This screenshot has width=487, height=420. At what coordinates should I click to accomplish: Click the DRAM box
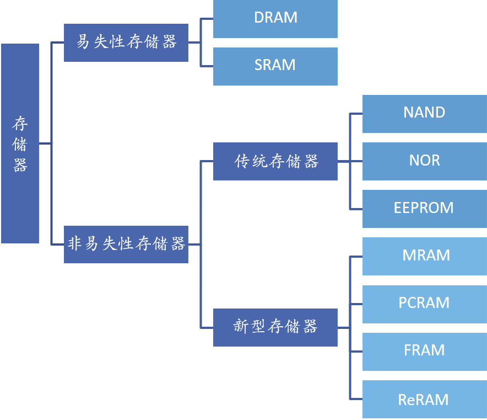click(x=275, y=18)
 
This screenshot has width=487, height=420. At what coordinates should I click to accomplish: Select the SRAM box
click(x=275, y=66)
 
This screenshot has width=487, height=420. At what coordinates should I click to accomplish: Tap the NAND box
click(x=424, y=113)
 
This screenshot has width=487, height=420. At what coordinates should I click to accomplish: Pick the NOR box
click(x=424, y=161)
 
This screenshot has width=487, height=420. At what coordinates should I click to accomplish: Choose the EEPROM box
click(x=424, y=208)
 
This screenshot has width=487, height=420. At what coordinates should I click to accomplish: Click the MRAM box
click(x=424, y=256)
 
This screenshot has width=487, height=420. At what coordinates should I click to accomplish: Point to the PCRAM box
click(x=424, y=303)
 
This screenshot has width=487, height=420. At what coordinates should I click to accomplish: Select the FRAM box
click(x=424, y=350)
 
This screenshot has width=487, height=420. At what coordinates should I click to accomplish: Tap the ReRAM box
click(x=424, y=399)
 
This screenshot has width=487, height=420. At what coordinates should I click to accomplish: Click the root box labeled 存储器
click(x=20, y=143)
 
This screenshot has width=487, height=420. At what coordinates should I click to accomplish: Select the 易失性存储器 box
click(x=126, y=42)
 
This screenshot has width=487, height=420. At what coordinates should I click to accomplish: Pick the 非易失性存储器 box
click(x=126, y=244)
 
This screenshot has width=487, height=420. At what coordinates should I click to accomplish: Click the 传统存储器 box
click(x=275, y=161)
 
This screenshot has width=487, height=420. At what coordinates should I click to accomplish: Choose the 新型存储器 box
click(x=275, y=327)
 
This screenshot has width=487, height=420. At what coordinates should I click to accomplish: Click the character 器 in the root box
click(x=20, y=165)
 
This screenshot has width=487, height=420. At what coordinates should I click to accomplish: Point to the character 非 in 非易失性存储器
click(x=75, y=244)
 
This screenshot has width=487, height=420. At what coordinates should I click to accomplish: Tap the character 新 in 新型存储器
click(x=241, y=327)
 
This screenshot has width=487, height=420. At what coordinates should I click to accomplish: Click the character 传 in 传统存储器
click(x=242, y=161)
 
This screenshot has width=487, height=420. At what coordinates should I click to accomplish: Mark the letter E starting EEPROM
click(x=398, y=208)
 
